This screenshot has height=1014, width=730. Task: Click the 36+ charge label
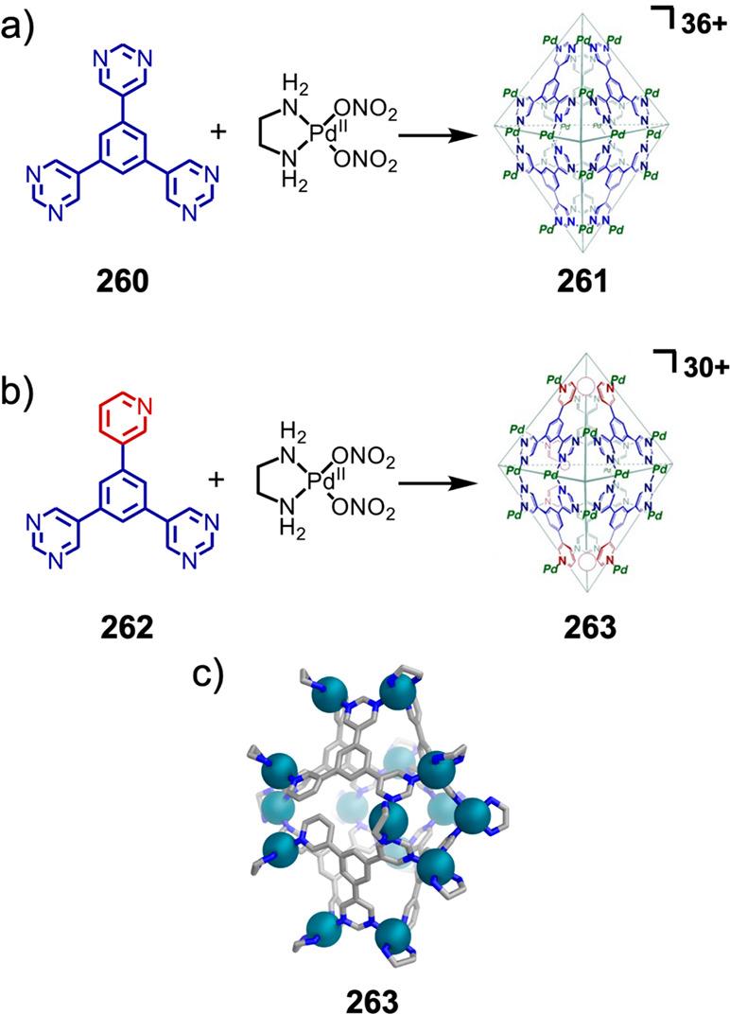(x=701, y=24)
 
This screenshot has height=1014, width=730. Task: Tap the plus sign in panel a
(x=218, y=131)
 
